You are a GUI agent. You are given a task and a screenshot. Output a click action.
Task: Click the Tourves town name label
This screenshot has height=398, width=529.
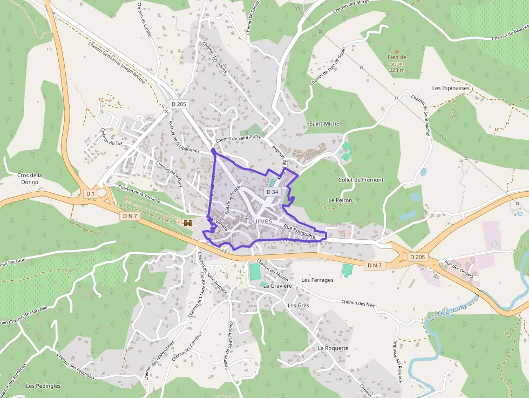coord(258,221)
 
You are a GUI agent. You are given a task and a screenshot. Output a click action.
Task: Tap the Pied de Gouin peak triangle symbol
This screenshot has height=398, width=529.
coord(397,50)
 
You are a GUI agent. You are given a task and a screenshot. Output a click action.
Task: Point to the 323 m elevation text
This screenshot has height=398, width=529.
coord(397,70)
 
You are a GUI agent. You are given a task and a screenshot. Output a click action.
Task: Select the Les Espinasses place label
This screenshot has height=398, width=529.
coord(451,87)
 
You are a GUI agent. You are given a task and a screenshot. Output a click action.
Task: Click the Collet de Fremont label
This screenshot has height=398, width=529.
coord(361,180)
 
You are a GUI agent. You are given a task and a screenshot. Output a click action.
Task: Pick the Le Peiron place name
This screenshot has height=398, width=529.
coord(340,200)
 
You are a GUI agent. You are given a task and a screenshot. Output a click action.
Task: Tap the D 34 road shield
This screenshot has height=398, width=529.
coord(273,192)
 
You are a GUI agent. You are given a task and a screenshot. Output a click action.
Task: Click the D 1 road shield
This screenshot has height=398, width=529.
coord(90,193)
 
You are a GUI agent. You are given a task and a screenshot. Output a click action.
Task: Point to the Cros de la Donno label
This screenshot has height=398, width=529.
coord(30,179)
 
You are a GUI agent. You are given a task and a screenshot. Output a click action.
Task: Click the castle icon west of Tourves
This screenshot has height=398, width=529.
coord(188,222)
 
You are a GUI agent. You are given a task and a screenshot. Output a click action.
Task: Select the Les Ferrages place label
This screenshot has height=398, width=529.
coord(317,280)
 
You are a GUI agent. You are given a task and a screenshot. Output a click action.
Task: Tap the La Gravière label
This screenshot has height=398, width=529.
coord(277,286)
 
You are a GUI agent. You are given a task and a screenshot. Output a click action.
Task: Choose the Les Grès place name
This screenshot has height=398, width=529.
coord(299,305)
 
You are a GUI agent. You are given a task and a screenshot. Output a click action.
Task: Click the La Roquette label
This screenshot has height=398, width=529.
coord(333,348)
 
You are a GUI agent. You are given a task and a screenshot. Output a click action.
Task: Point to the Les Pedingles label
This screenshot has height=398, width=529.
coord(43,386)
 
